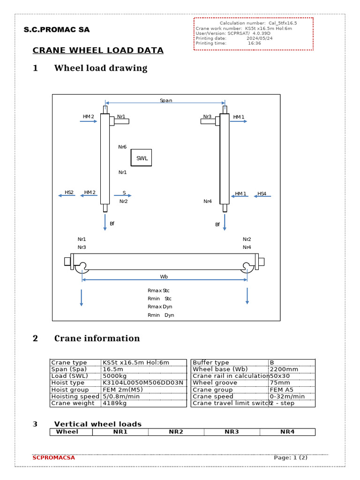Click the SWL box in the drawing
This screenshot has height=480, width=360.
pyautogui.click(x=142, y=158)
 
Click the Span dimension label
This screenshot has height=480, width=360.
pyautogui.click(x=166, y=100)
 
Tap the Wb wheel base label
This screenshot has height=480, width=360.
pyautogui.click(x=164, y=277)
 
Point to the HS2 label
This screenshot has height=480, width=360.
pyautogui.click(x=69, y=193)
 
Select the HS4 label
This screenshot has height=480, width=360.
pyautogui.click(x=262, y=194)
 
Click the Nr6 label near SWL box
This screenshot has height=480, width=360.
pyautogui.click(x=122, y=147)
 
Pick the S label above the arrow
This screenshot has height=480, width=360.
pyautogui.click(x=124, y=193)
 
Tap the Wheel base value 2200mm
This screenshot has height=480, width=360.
pyautogui.click(x=282, y=369)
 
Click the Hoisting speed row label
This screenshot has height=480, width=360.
pyautogui.click(x=75, y=397)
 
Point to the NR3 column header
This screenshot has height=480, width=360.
pyautogui.click(x=232, y=432)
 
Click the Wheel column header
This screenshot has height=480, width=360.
pyautogui.click(x=67, y=432)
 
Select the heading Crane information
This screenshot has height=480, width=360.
pyautogui.click(x=97, y=338)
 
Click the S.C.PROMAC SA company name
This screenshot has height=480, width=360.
pyautogui.click(x=57, y=30)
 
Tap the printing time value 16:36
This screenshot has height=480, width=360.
pyautogui.click(x=255, y=43)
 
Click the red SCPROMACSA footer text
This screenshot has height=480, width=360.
pyautogui.click(x=53, y=457)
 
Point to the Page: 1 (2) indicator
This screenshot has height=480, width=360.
pyautogui.click(x=291, y=457)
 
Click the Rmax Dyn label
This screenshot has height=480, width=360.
pyautogui.click(x=160, y=307)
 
